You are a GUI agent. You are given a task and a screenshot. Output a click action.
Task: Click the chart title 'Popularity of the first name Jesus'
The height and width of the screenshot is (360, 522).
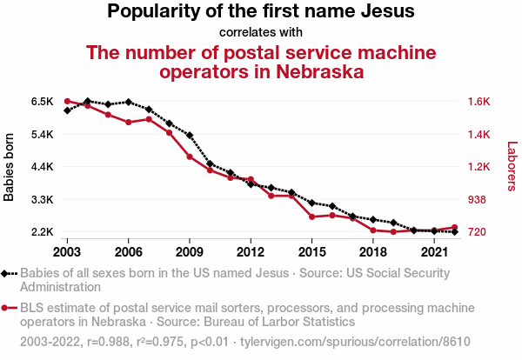tap(261, 12)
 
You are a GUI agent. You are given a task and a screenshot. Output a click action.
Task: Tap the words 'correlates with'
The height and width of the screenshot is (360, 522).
tap(261, 33)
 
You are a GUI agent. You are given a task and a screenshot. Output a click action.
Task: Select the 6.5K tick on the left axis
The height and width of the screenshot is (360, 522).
tap(43, 101)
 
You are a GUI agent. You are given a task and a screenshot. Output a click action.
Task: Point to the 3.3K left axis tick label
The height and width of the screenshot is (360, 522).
tap(43, 200)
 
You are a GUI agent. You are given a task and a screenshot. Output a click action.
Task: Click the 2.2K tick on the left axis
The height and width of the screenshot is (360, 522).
tap(43, 232)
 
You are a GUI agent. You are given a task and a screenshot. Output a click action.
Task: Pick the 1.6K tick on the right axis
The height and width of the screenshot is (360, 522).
tap(479, 101)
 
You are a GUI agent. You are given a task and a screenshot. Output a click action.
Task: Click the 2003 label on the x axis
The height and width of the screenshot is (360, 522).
tap(67, 252)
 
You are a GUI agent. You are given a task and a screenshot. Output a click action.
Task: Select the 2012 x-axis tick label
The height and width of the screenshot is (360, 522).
tap(251, 252)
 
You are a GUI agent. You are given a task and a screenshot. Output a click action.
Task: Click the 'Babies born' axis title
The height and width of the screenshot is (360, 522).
tap(10, 167)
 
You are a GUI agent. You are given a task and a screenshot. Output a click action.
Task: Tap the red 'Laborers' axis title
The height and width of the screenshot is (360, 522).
tap(512, 167)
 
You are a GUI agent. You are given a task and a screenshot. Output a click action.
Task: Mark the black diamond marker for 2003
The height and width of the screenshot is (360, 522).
tap(67, 110)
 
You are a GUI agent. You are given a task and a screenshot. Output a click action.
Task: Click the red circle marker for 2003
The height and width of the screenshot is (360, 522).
tap(67, 101)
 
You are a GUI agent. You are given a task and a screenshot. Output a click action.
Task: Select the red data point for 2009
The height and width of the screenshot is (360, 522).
tap(190, 157)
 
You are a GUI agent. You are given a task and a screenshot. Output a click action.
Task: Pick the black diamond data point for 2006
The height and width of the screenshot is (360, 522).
tap(128, 102)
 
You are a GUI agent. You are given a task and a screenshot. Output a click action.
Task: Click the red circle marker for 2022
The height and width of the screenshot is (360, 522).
tap(455, 227)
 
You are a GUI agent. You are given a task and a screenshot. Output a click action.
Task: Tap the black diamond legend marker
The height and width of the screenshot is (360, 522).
tap(6, 273)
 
